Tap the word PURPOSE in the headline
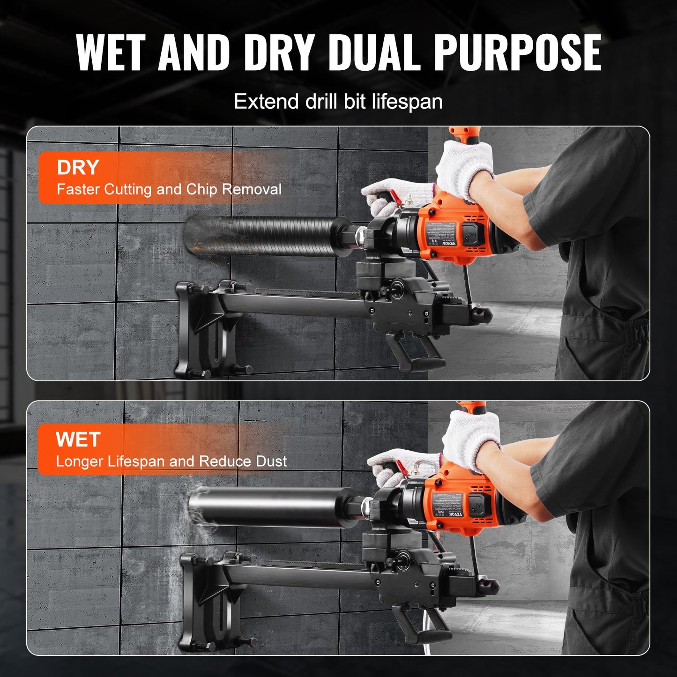point(518,52)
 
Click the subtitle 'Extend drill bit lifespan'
point(338,102)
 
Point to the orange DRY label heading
point(78,168)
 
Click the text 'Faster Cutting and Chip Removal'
point(169,189)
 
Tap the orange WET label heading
point(78,439)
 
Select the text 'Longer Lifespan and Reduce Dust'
point(171,461)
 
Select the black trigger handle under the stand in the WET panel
point(422,623)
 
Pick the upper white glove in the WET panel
point(471,438)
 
